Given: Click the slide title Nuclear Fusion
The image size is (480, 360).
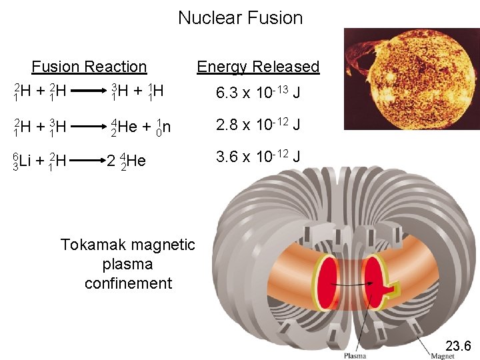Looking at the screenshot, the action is pos(240,18).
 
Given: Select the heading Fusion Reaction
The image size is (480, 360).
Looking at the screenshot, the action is pos(89,67).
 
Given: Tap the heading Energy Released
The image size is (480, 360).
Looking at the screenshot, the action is pos(258,67).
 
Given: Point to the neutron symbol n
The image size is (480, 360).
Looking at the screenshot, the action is pos(167,126).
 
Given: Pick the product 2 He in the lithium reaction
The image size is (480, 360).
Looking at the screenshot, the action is pos(127,161).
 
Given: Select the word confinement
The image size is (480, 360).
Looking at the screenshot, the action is pos(128,283).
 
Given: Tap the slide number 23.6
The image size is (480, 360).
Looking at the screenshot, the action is pos(457,345).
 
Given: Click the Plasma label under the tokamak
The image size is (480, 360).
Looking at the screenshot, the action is pos(355,355).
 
